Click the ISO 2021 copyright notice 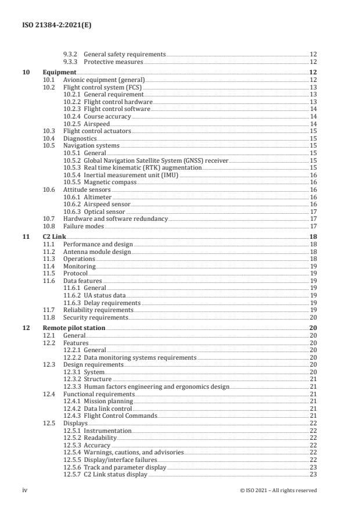(278, 490)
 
